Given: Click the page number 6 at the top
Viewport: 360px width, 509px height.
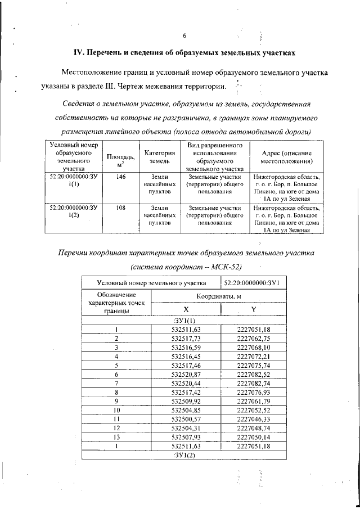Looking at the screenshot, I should (184, 37).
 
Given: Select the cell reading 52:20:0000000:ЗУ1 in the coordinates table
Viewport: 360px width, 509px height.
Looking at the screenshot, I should (255, 282).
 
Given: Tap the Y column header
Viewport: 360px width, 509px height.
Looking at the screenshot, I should (254, 309).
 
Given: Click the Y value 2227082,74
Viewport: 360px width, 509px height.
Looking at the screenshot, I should (254, 383).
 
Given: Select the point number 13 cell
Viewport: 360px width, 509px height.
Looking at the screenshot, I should (116, 436).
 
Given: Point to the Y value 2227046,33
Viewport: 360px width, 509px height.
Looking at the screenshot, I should (254, 418).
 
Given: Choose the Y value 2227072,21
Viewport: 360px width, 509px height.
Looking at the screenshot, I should (254, 356).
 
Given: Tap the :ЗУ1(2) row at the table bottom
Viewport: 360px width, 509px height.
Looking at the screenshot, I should (185, 454).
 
